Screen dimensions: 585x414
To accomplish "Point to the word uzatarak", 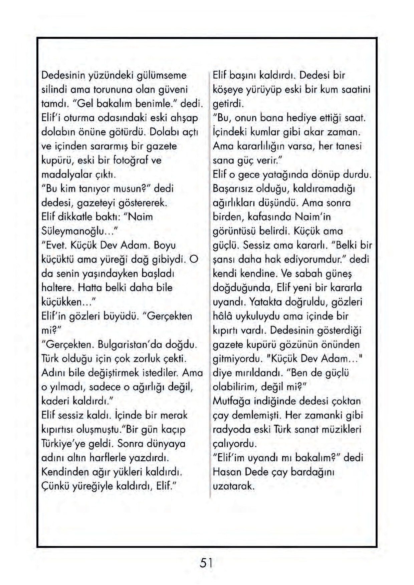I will (x=233, y=486).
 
